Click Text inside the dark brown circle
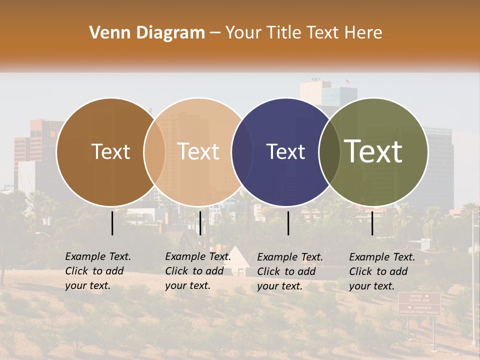tap(110, 151)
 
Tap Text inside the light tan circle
tap(198, 151)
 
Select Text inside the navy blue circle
tap(286, 151)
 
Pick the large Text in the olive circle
tap(373, 151)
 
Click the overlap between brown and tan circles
tap(154, 151)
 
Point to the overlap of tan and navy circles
tap(242, 151)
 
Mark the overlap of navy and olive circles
tap(329, 151)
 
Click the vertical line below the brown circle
tap(112, 223)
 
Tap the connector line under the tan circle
tap(200, 223)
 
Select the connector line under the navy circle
tap(288, 223)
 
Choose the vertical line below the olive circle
tap(372, 223)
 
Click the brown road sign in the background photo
tap(419, 304)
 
